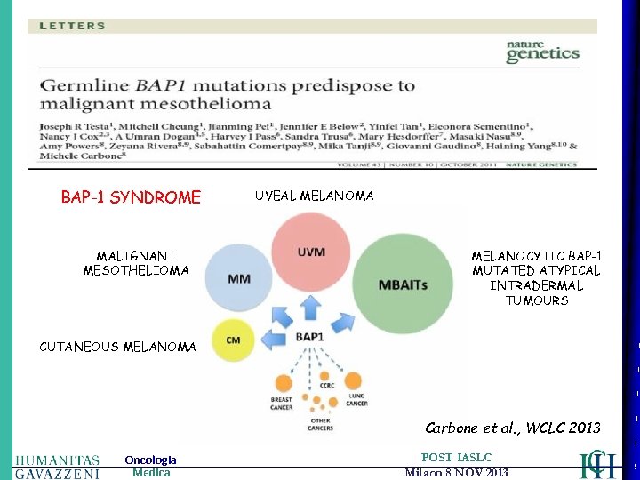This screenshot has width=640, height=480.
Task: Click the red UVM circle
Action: pos(311,252)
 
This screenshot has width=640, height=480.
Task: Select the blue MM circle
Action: pos(238,279)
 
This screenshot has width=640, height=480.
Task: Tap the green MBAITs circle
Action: pos(402,284)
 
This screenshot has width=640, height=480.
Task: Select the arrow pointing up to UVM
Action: pos(309,307)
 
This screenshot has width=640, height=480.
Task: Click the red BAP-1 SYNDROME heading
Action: pos(131,197)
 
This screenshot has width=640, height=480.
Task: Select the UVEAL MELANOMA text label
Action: pos(314,195)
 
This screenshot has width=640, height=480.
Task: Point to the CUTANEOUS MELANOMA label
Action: pos(117,347)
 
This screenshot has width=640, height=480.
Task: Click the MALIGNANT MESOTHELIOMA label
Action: pos(136,263)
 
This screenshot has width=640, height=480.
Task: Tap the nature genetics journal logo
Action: pos(542,51)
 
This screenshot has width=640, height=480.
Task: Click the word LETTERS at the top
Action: pos(72,26)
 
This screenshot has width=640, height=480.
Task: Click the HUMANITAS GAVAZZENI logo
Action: pos(57,466)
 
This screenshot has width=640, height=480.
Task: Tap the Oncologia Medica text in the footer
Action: pos(150,466)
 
